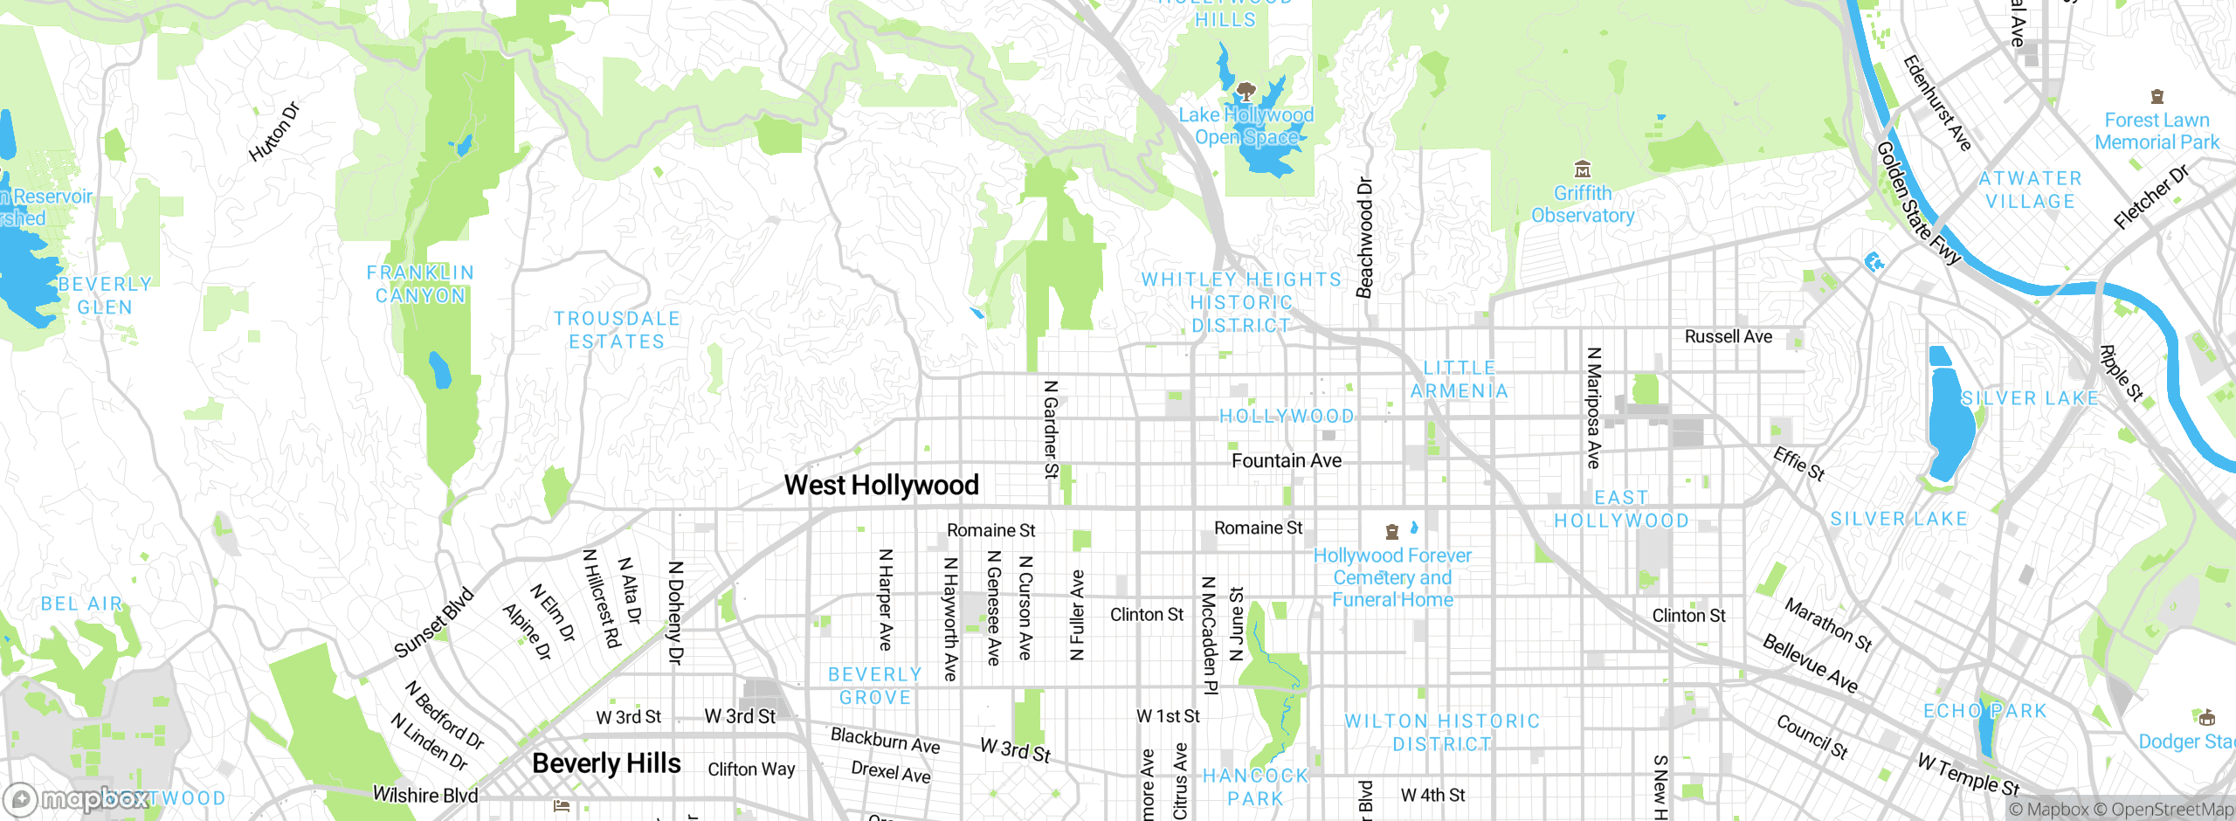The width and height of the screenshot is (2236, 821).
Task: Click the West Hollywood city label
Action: (880, 485)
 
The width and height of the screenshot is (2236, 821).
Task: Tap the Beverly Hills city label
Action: (606, 763)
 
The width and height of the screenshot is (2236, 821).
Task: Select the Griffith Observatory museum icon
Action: (1582, 169)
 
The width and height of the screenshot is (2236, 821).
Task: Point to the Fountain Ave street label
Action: (1286, 460)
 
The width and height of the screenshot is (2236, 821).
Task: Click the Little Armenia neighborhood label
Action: (1460, 380)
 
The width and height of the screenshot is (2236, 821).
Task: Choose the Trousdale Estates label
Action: (617, 330)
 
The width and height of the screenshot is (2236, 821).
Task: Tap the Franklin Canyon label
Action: (420, 284)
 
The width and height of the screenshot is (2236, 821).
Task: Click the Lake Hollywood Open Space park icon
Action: (1246, 91)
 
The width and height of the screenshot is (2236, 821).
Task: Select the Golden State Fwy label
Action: (1919, 203)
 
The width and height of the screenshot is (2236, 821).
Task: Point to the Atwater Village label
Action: (2030, 190)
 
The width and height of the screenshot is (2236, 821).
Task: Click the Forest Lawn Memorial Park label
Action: (2157, 131)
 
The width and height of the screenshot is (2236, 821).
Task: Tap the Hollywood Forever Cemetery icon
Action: (1392, 531)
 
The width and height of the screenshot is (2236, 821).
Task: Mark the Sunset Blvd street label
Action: (433, 623)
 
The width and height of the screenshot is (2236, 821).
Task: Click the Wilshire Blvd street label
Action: (425, 795)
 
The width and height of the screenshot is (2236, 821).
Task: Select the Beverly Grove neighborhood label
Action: (874, 686)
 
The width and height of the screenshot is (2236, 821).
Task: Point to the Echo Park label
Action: (1985, 711)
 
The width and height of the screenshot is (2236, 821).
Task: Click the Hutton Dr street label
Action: (273, 133)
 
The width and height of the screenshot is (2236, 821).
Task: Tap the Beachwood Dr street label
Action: (1364, 238)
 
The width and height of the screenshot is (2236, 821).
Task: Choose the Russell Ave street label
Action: (1728, 336)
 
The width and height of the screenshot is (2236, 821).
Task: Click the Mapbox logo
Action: (77, 799)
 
